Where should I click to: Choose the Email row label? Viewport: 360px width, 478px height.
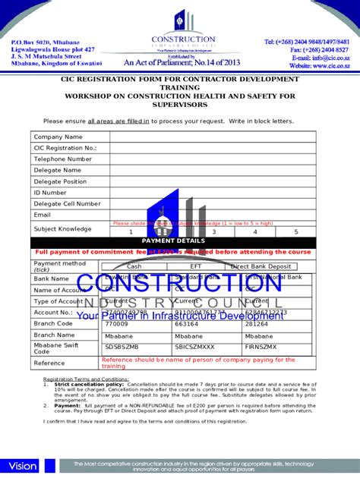pos(42,215)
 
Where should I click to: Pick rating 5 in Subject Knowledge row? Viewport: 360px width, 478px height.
pos(295,232)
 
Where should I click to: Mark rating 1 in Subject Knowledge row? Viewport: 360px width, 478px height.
pos(131,232)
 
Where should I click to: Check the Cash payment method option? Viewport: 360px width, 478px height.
pos(134,266)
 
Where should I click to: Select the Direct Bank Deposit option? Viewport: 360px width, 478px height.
pos(261,266)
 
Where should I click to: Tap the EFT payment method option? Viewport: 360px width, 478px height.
pos(196,266)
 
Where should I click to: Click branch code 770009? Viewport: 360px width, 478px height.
pos(116,323)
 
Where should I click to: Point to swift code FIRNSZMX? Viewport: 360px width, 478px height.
pos(261,346)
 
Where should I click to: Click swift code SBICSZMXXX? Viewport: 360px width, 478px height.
pos(195,346)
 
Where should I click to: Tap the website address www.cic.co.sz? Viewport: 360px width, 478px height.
pos(329,66)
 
